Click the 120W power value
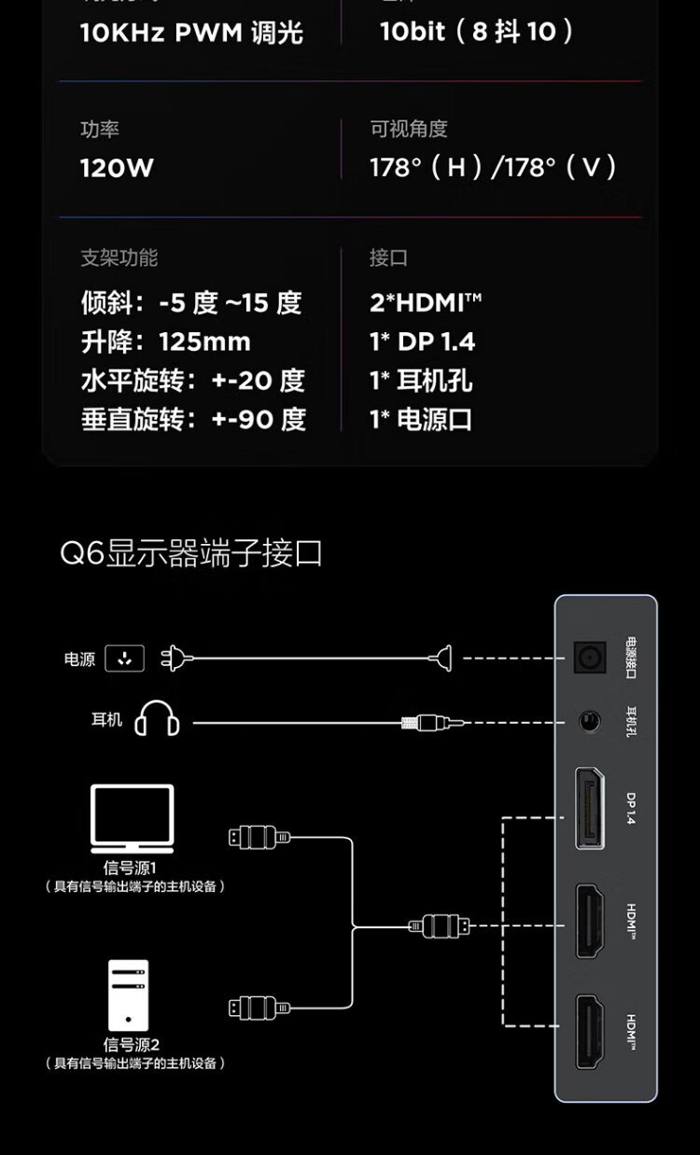(117, 168)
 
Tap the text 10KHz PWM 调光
(191, 34)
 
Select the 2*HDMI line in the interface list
(426, 302)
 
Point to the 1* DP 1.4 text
(422, 341)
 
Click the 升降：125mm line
(166, 341)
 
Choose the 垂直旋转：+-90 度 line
(193, 419)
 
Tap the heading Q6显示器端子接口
(191, 553)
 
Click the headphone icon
(157, 720)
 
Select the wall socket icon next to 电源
(125, 659)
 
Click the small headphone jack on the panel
(589, 721)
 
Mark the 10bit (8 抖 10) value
(476, 33)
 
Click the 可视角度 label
(409, 129)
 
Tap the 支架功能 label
(119, 257)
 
